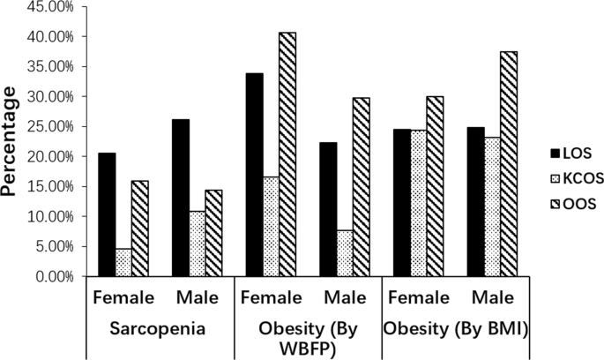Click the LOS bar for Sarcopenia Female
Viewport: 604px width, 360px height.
[107, 214]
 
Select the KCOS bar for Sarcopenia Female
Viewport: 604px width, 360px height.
[123, 262]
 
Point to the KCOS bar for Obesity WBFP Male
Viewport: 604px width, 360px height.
[346, 253]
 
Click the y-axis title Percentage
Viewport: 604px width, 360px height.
[12, 141]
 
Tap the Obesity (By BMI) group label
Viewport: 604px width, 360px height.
[455, 328]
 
